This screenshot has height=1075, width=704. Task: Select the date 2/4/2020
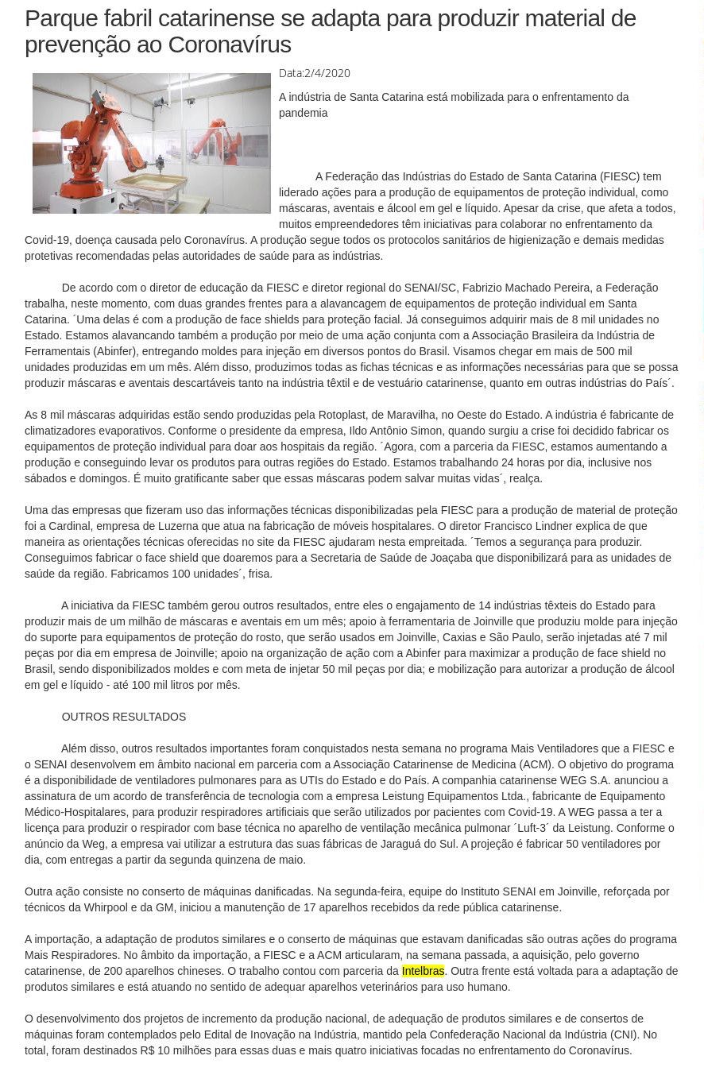(x=327, y=73)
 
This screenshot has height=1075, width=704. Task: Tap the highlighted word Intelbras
(x=423, y=971)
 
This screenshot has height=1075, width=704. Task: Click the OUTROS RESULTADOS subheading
(x=124, y=717)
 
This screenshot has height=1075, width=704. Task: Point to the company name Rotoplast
(x=342, y=415)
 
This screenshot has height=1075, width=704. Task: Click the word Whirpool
(x=104, y=907)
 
